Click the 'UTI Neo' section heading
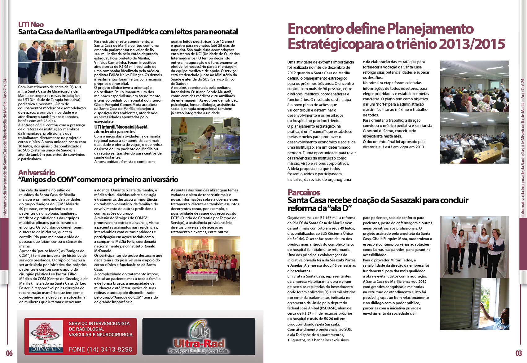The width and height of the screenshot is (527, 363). pyautogui.click(x=31, y=24)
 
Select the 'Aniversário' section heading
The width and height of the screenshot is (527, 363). pyautogui.click(x=37, y=173)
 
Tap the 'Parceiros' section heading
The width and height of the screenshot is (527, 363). pyautogui.click(x=304, y=192)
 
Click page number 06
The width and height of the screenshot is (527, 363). pyautogui.click(x=9, y=353)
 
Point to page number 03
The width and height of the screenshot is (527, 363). pyautogui.click(x=519, y=353)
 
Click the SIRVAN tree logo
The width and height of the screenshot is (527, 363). pyautogui.click(x=46, y=336)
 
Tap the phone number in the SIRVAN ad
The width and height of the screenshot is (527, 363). pyautogui.click(x=100, y=349)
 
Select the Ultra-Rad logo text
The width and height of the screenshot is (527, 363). pyautogui.click(x=199, y=344)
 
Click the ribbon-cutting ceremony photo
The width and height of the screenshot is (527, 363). pyautogui.click(x=52, y=62)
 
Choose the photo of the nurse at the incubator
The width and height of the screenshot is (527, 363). pyautogui.click(x=205, y=140)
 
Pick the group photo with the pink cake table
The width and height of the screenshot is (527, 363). pyautogui.click(x=205, y=265)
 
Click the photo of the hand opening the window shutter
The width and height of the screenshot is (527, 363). pyautogui.click(x=475, y=304)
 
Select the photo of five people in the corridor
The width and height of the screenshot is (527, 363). pyautogui.click(x=475, y=247)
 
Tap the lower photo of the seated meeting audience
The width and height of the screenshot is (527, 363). pyautogui.click(x=475, y=138)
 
